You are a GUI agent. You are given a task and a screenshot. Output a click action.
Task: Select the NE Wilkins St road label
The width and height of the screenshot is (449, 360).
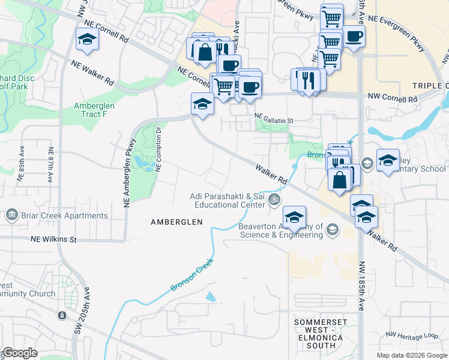(x=54, y=239)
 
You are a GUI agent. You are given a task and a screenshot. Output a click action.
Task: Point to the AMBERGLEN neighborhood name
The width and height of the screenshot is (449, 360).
(x=176, y=222)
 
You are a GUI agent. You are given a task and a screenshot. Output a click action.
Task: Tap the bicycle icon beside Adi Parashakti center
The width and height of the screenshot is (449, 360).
(x=274, y=199)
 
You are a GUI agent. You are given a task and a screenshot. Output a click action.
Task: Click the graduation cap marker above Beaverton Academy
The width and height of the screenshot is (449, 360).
(x=294, y=217)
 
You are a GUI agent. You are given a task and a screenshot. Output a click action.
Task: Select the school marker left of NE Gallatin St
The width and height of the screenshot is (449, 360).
(x=202, y=104)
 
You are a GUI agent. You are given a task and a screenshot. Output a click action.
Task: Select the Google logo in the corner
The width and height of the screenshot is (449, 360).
(x=19, y=353)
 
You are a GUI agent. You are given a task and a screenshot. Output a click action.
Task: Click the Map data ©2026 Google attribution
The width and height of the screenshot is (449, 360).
(x=411, y=355)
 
